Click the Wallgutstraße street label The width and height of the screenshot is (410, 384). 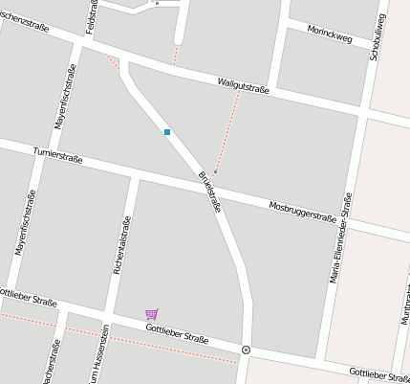point(243,85)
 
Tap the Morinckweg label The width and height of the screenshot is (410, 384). point(330,35)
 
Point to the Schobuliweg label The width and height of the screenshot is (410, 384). point(378,37)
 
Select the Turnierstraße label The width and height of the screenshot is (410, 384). point(58,154)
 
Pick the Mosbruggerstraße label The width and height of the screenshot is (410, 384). point(302,212)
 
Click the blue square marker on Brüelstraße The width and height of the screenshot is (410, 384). point(167,132)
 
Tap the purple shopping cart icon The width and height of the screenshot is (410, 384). point(151,314)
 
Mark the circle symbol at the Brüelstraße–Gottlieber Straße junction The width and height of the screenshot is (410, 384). point(246,350)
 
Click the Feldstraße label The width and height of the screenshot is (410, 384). point(93,17)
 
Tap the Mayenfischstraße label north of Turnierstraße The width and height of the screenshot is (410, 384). point(64,99)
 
